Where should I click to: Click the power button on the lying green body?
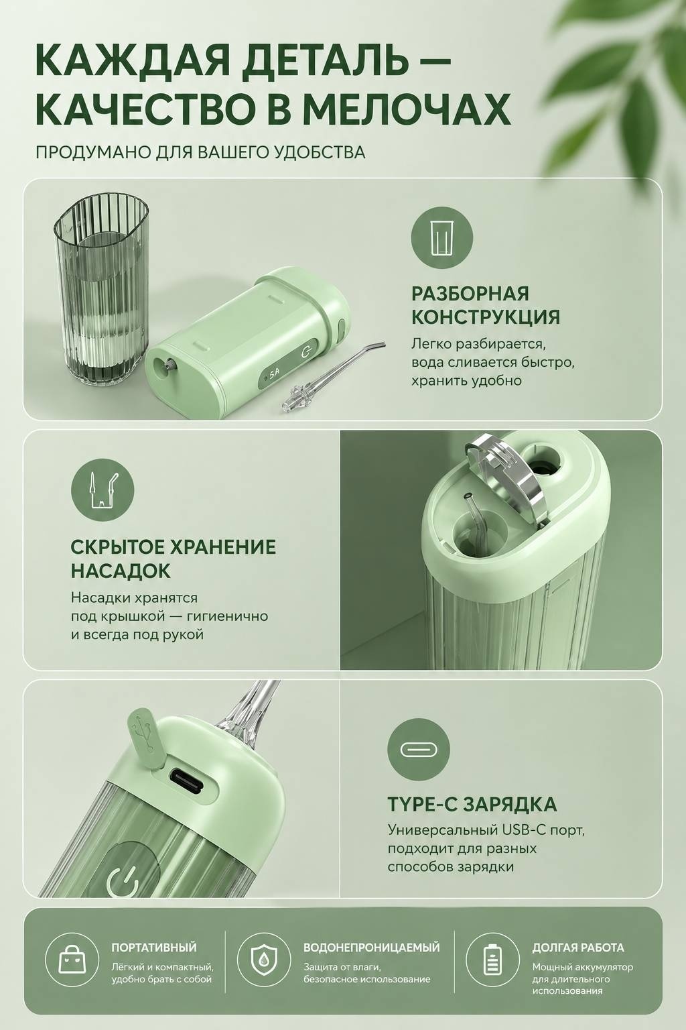tap(306, 353)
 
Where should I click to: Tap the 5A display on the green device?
tap(274, 373)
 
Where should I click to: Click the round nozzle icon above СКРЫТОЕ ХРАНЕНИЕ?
tap(102, 490)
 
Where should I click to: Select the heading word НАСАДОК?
tap(121, 571)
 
